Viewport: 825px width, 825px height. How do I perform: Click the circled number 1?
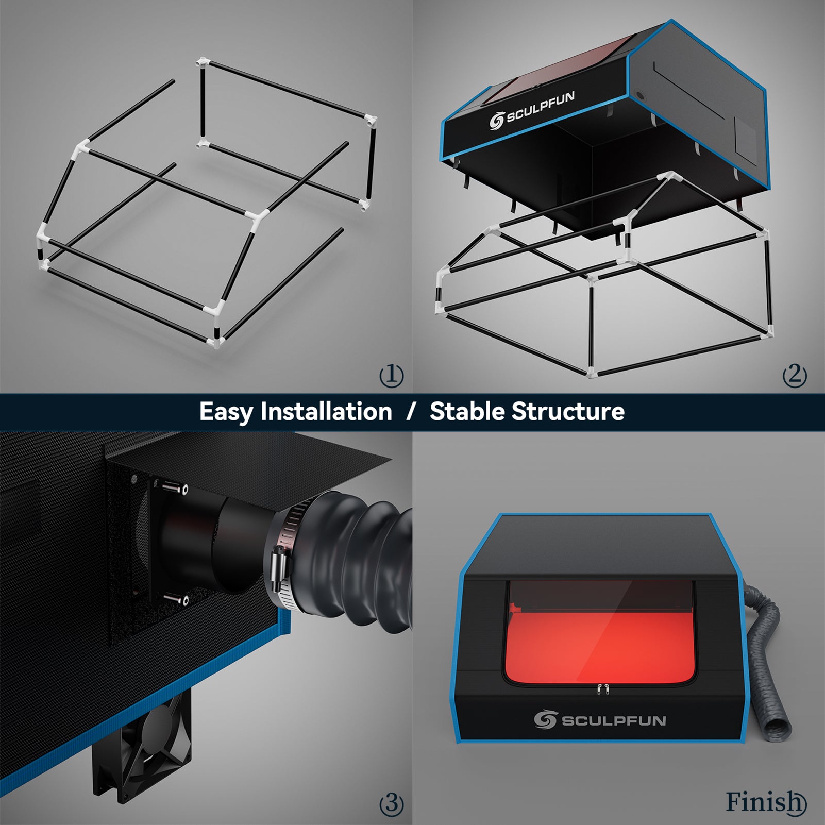click(392, 375)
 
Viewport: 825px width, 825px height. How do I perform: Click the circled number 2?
click(795, 375)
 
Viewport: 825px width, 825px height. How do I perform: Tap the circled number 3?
click(392, 803)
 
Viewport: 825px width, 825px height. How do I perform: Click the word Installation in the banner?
click(326, 412)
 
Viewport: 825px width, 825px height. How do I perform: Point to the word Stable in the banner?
click(467, 412)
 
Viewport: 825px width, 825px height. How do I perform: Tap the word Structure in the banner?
click(568, 412)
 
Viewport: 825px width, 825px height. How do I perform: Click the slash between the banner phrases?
click(410, 412)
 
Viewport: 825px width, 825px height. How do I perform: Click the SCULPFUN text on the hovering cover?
click(540, 108)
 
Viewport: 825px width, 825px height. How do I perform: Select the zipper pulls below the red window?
click(602, 689)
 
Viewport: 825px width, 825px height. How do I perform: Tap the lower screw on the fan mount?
click(176, 599)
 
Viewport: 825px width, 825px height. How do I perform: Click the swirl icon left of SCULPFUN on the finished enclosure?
click(545, 719)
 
